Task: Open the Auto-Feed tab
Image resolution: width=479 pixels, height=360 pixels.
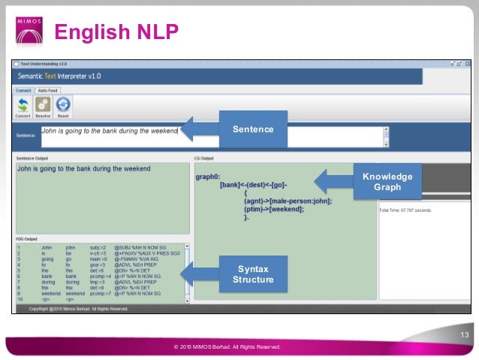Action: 49,90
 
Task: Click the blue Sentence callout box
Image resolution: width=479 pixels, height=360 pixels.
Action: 252,129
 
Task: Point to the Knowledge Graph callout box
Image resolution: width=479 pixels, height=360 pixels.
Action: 387,182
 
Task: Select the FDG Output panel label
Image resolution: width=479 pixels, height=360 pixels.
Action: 27,239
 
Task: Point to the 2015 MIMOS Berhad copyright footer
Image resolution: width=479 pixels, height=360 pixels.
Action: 227,347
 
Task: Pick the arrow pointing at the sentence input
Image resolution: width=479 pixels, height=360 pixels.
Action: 197,129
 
